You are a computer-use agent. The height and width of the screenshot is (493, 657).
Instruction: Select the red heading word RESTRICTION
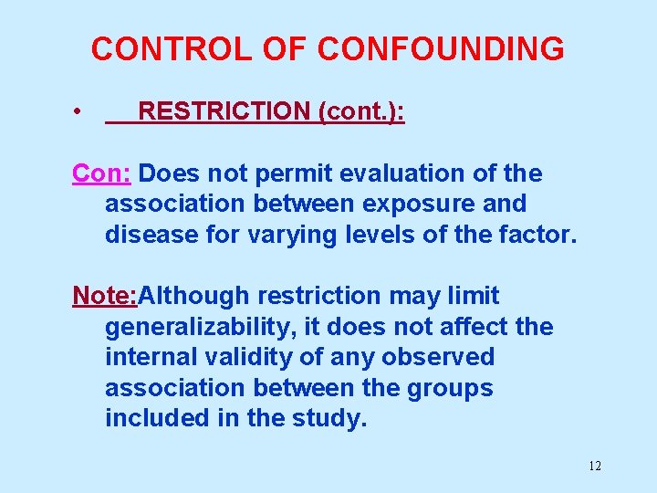coord(224,112)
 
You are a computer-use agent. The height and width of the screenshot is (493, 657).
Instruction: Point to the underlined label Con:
coord(103,173)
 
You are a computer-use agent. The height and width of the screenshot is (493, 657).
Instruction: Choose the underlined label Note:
coord(105,296)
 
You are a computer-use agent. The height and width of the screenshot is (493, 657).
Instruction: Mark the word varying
coord(284,235)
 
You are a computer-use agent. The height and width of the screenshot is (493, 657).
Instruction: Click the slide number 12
coord(594,467)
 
